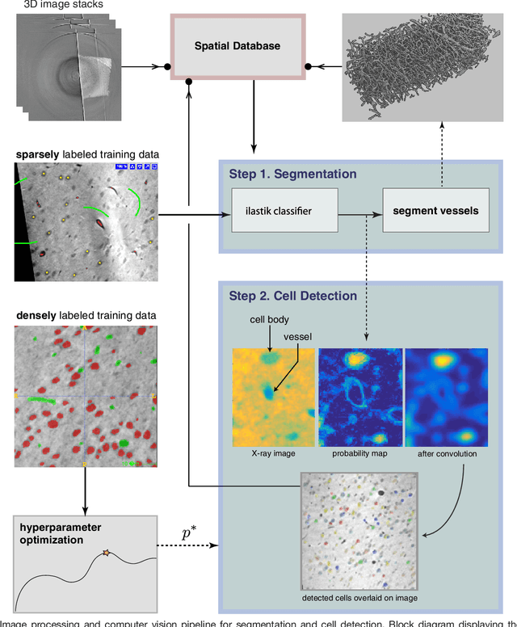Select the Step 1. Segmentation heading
click(x=293, y=174)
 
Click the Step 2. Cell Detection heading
click(x=294, y=295)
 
